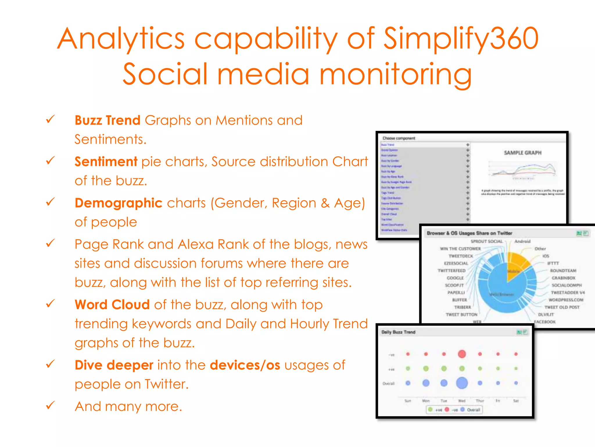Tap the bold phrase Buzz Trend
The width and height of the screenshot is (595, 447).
click(x=107, y=120)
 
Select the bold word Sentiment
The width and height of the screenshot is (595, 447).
click(x=106, y=162)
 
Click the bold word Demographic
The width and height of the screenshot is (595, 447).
click(x=118, y=203)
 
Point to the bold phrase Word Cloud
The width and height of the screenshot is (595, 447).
click(x=112, y=305)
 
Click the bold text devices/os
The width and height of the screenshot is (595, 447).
click(x=245, y=365)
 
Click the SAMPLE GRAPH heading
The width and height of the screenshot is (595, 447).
click(x=522, y=153)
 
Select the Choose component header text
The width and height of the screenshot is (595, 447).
click(x=399, y=138)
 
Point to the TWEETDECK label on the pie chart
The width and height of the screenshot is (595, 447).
click(x=461, y=256)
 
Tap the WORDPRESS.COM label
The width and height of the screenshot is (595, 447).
click(x=566, y=300)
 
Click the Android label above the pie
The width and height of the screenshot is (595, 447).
click(x=522, y=241)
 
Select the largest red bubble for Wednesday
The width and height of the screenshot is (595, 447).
click(x=462, y=354)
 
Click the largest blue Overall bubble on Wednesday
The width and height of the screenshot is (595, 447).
click(x=462, y=383)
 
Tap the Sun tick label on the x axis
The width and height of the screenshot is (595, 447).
click(x=408, y=401)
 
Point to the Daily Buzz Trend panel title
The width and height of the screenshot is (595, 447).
click(x=398, y=332)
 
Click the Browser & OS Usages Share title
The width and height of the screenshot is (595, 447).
click(x=469, y=233)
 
